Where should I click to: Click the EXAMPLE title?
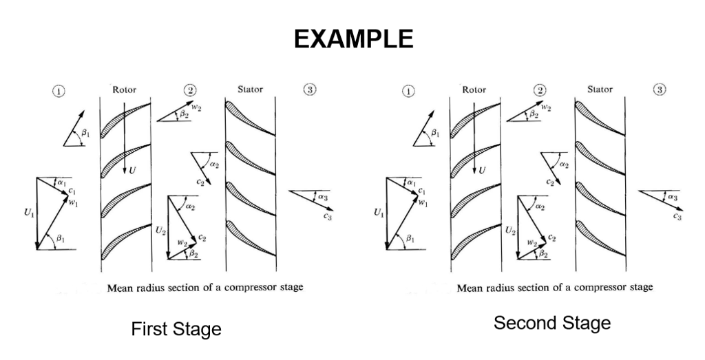[x=353, y=39]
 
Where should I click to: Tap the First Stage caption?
[x=176, y=330]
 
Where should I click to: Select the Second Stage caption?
[x=551, y=322]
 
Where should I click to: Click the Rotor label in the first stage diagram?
[x=124, y=89]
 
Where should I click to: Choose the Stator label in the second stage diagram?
[x=600, y=89]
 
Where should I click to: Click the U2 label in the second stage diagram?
[x=510, y=230]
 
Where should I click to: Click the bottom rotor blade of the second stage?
[x=475, y=241]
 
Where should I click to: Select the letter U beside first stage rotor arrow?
[x=131, y=169]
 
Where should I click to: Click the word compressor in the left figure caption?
[x=243, y=287]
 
